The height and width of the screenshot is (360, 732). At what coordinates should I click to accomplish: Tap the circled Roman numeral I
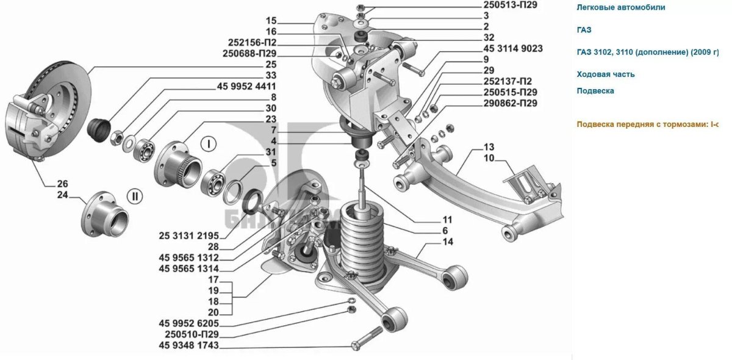pyautogui.click(x=209, y=145)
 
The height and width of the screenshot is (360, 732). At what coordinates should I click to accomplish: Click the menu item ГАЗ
pyautogui.click(x=584, y=29)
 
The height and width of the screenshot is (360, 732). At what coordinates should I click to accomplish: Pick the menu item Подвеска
pyautogui.click(x=595, y=90)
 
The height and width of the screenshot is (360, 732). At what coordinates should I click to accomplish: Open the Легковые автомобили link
pyautogui.click(x=621, y=7)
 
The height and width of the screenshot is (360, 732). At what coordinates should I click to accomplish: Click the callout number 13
pyautogui.click(x=489, y=147)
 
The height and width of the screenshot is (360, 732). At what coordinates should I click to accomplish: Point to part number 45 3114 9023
pyautogui.click(x=513, y=48)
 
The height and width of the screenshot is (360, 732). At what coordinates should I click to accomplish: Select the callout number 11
pyautogui.click(x=447, y=219)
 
